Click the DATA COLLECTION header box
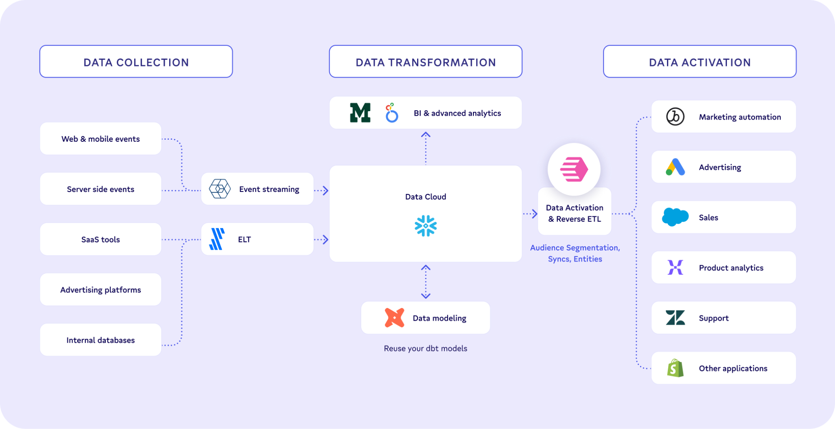pos(136,62)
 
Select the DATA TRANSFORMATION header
pos(426,62)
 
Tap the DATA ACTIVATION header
pos(700,62)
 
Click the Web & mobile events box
pos(101,139)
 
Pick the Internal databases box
pos(101,340)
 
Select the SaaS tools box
pos(101,239)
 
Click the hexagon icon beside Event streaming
pos(220,189)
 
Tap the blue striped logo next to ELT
pos(217,239)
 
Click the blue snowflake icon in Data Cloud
pos(426,226)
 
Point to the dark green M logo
pos(360,113)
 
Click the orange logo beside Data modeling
pos(394,318)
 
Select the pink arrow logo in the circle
pos(574,169)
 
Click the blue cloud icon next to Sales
pos(675,217)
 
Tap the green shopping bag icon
pos(675,368)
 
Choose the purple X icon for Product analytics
pos(675,267)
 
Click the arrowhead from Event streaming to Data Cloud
pos(325,190)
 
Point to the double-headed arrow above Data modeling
pos(426,282)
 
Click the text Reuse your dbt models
pos(425,348)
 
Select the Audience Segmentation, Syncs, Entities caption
pos(575,253)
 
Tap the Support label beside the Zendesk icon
pos(714,318)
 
